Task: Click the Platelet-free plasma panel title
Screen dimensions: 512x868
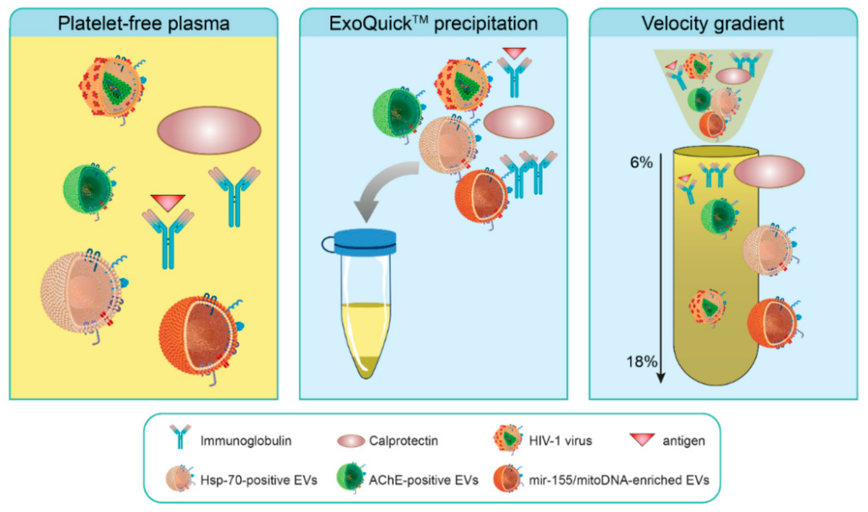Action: [x=143, y=24]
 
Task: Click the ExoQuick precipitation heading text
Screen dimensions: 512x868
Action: [x=433, y=24]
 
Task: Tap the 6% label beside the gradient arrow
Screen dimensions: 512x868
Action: [x=641, y=162]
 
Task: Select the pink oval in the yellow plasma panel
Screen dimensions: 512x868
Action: [x=209, y=130]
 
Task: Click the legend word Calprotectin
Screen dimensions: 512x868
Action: [x=403, y=441]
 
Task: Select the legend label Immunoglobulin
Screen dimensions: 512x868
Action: [x=246, y=441]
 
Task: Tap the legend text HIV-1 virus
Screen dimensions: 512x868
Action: [x=560, y=441]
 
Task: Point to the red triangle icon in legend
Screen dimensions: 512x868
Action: [x=642, y=439]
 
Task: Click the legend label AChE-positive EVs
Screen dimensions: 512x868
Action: [x=423, y=480]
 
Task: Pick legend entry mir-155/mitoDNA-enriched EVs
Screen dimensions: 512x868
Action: [x=619, y=480]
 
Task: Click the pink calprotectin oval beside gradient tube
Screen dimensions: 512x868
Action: [x=769, y=172]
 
